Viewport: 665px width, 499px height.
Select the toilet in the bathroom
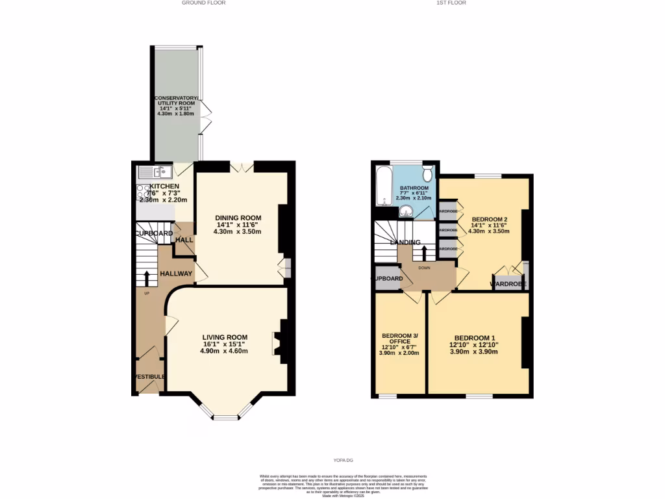[x=427, y=173]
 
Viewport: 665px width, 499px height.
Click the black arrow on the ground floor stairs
[x=146, y=277]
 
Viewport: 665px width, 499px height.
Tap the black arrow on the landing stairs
[x=424, y=253]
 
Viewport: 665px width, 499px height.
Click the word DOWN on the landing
[x=424, y=266]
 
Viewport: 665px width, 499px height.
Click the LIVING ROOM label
[x=224, y=337]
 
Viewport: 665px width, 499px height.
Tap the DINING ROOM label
[x=238, y=218]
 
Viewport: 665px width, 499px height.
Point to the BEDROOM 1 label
[x=475, y=338]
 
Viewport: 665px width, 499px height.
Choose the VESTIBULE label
[x=149, y=377]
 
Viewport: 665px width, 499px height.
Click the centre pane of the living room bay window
[x=227, y=416]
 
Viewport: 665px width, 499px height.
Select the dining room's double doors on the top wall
[x=242, y=167]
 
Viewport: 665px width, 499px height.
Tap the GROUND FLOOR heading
[x=203, y=3]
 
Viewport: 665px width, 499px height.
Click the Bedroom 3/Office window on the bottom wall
[x=388, y=395]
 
